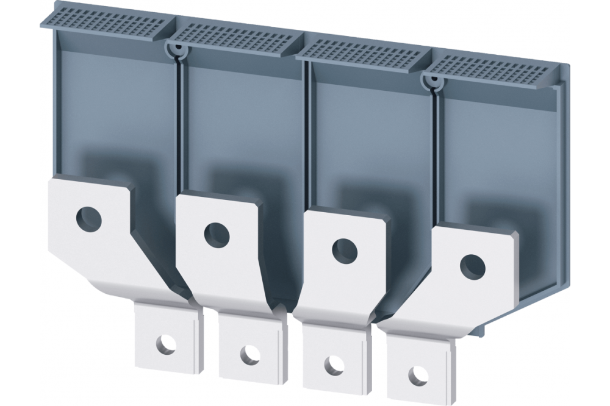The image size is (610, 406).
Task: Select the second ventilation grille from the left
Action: pyautogui.click(x=235, y=38)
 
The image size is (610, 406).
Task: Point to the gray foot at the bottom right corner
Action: pyautogui.click(x=482, y=329)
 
